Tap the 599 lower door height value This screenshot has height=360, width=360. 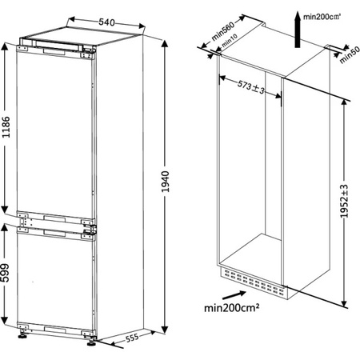(7, 272)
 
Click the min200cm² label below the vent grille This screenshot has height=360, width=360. (235, 306)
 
